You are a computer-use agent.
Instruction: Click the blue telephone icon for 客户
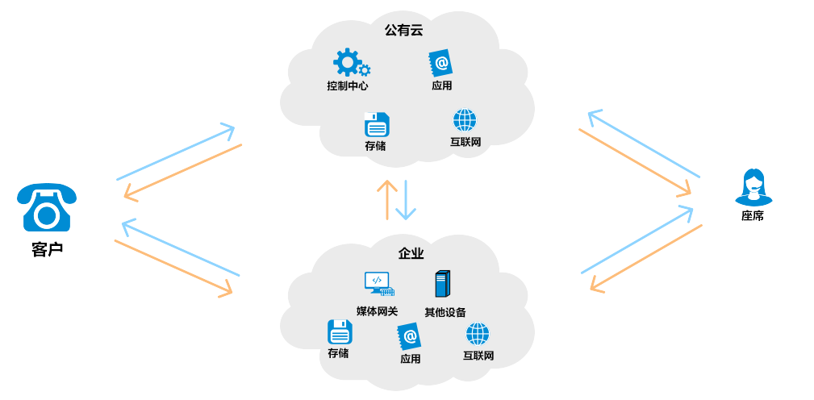[47, 208]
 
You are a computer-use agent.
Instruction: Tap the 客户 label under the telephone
[47, 249]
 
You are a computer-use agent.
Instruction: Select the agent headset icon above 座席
[753, 187]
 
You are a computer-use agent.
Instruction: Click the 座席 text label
[753, 216]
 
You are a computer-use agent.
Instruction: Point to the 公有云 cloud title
[403, 30]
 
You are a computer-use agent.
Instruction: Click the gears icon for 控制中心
[350, 63]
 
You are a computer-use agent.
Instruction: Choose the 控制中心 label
[348, 85]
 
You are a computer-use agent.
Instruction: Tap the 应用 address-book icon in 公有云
[440, 64]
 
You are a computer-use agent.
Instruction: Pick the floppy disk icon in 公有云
[376, 125]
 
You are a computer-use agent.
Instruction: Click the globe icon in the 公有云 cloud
[465, 120]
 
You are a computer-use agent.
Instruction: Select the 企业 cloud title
[411, 253]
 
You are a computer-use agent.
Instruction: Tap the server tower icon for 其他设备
[442, 284]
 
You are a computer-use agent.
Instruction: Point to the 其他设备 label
[445, 312]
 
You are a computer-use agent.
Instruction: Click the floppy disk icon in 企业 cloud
[340, 332]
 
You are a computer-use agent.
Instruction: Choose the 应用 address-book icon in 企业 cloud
[409, 336]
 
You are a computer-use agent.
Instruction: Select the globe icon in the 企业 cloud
[478, 334]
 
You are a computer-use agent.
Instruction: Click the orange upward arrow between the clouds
[387, 199]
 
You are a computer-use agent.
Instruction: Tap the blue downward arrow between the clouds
[406, 200]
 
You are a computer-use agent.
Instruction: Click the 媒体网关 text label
[378, 311]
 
